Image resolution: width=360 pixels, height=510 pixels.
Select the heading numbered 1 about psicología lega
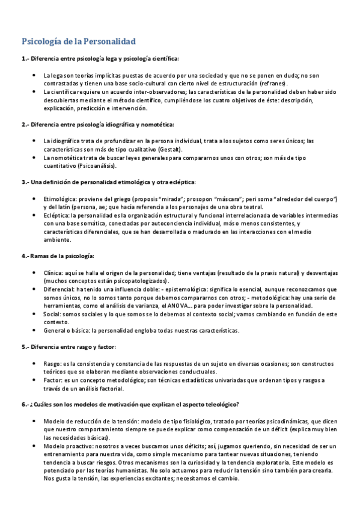coord(100,59)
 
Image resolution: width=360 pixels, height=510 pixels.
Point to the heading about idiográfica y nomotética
coord(97,124)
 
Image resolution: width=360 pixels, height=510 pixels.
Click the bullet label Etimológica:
coord(59,198)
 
